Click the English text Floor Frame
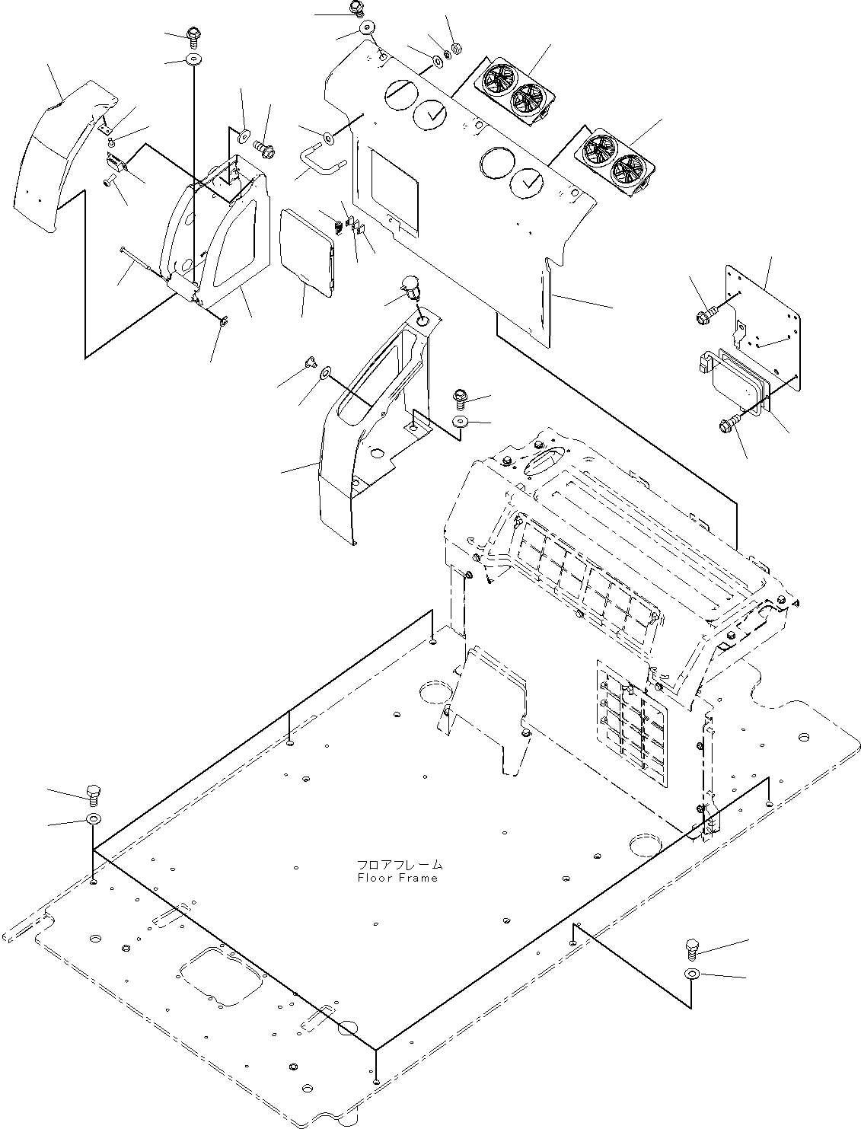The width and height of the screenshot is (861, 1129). point(397,878)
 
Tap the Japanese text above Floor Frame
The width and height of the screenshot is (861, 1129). point(399,866)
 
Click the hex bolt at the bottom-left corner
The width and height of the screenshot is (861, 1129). point(94,795)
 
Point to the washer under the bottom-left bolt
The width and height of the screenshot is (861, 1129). point(94,819)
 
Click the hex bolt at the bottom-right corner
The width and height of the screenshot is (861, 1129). point(692,949)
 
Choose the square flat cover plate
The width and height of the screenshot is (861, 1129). point(307,252)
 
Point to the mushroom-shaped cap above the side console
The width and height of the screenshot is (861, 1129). point(411,288)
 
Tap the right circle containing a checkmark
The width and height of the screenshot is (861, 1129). point(528,182)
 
